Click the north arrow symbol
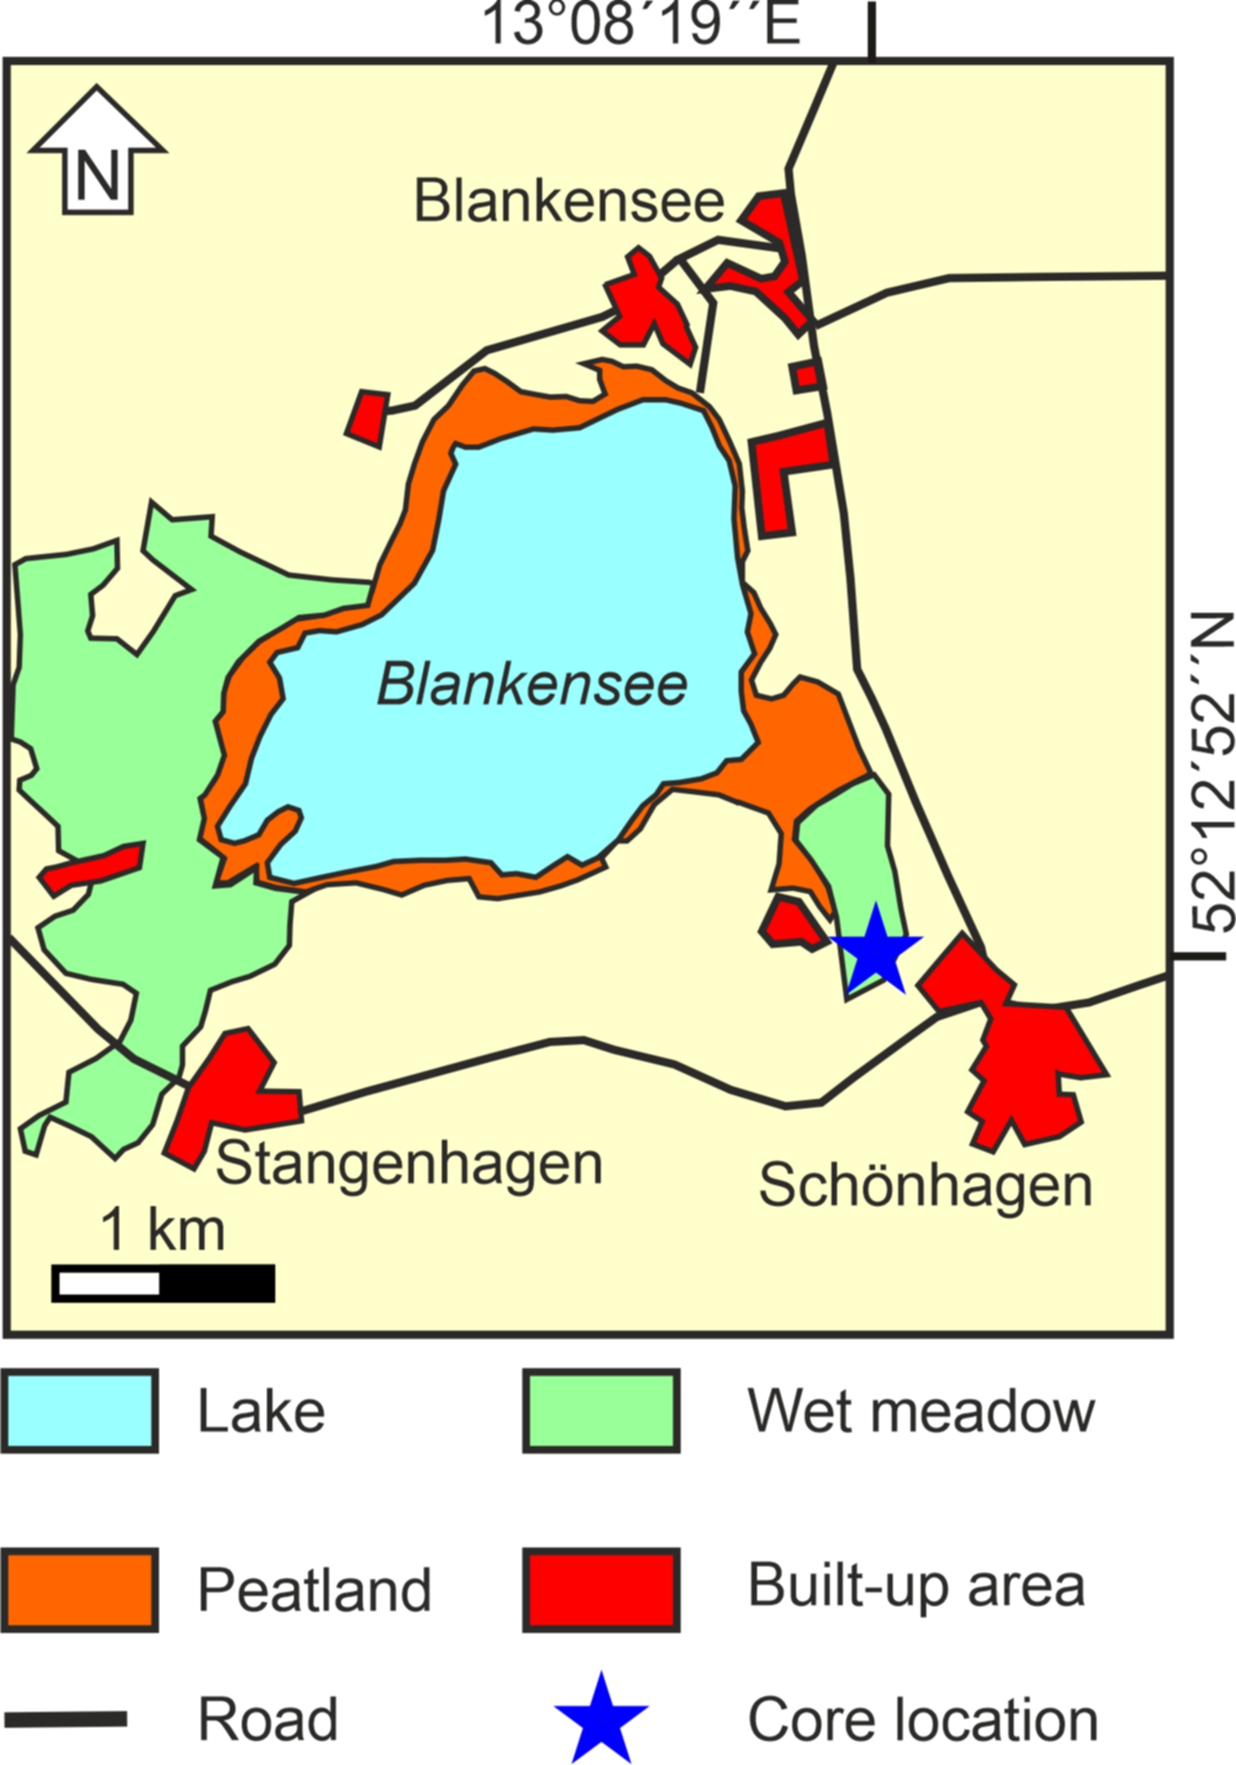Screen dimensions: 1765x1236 97,153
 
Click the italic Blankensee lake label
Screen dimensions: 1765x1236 532,685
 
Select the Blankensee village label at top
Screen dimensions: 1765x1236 568,201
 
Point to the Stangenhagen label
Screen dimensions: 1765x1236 409,1164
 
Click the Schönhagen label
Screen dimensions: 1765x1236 924,1186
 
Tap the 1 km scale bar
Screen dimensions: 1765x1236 164,1283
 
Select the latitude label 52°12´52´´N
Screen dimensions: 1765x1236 1213,772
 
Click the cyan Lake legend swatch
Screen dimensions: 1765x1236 79,1411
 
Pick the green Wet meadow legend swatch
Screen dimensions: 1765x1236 601,1411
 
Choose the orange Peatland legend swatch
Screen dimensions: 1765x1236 79,1589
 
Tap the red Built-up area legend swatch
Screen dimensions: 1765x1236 601,1589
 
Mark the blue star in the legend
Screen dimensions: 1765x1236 601,1720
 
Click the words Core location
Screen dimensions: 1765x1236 923,1720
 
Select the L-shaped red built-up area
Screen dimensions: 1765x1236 781,474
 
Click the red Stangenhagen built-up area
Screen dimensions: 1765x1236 228,1093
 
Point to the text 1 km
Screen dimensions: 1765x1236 163,1229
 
